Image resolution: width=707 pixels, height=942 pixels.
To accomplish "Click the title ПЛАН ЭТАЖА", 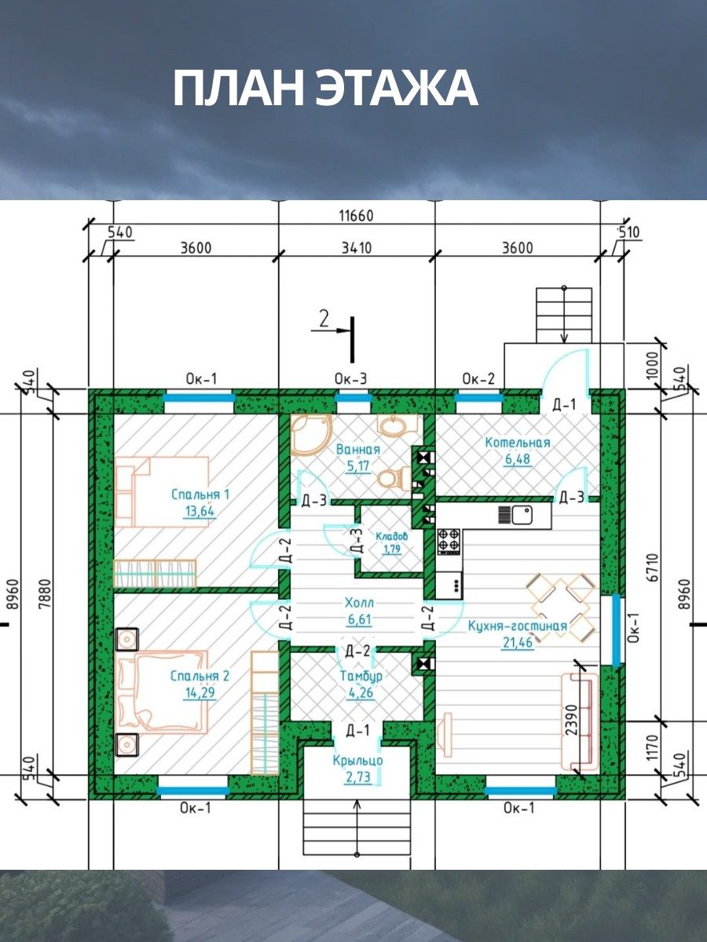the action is [x=325, y=89].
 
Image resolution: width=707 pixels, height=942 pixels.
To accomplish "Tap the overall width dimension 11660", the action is [x=356, y=216].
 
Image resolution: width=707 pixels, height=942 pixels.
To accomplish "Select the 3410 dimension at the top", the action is [x=356, y=248].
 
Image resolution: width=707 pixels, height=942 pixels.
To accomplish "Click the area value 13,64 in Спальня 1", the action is [x=200, y=511].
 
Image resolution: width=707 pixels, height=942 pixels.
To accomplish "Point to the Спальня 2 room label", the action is [x=200, y=676].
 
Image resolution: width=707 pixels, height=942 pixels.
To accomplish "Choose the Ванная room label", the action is [x=358, y=449].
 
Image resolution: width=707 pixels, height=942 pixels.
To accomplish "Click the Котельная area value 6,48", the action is [x=517, y=458].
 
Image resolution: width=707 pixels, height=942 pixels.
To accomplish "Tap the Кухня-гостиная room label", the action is [x=517, y=626].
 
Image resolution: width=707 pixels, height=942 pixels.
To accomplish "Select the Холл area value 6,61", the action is [x=359, y=619].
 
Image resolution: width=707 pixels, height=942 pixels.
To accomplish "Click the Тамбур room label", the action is [x=361, y=676].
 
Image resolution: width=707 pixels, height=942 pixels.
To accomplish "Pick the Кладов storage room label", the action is [x=391, y=536].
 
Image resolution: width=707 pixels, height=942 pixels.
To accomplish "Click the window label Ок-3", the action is [x=350, y=379].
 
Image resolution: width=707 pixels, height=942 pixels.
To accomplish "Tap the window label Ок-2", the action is [x=478, y=379].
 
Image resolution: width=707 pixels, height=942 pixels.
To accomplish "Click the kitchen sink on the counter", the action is [x=522, y=514].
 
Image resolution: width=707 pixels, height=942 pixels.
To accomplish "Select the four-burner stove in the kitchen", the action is [x=449, y=542].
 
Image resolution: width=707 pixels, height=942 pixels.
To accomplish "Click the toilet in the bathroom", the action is [x=394, y=477].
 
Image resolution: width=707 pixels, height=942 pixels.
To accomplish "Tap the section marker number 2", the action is [x=324, y=319].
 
